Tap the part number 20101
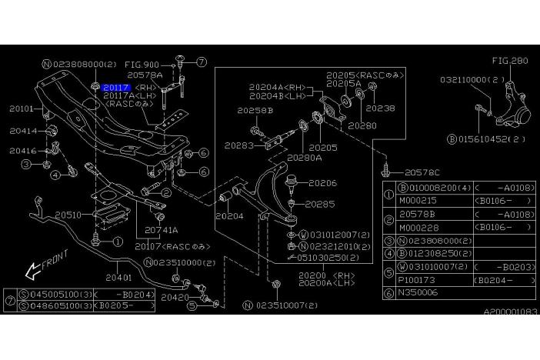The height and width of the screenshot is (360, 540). point(21,110)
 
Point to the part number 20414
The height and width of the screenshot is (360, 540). point(22,132)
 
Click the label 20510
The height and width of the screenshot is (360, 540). point(67,215)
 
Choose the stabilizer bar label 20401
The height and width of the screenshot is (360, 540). point(119,277)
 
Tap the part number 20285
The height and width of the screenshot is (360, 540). point(320,205)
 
